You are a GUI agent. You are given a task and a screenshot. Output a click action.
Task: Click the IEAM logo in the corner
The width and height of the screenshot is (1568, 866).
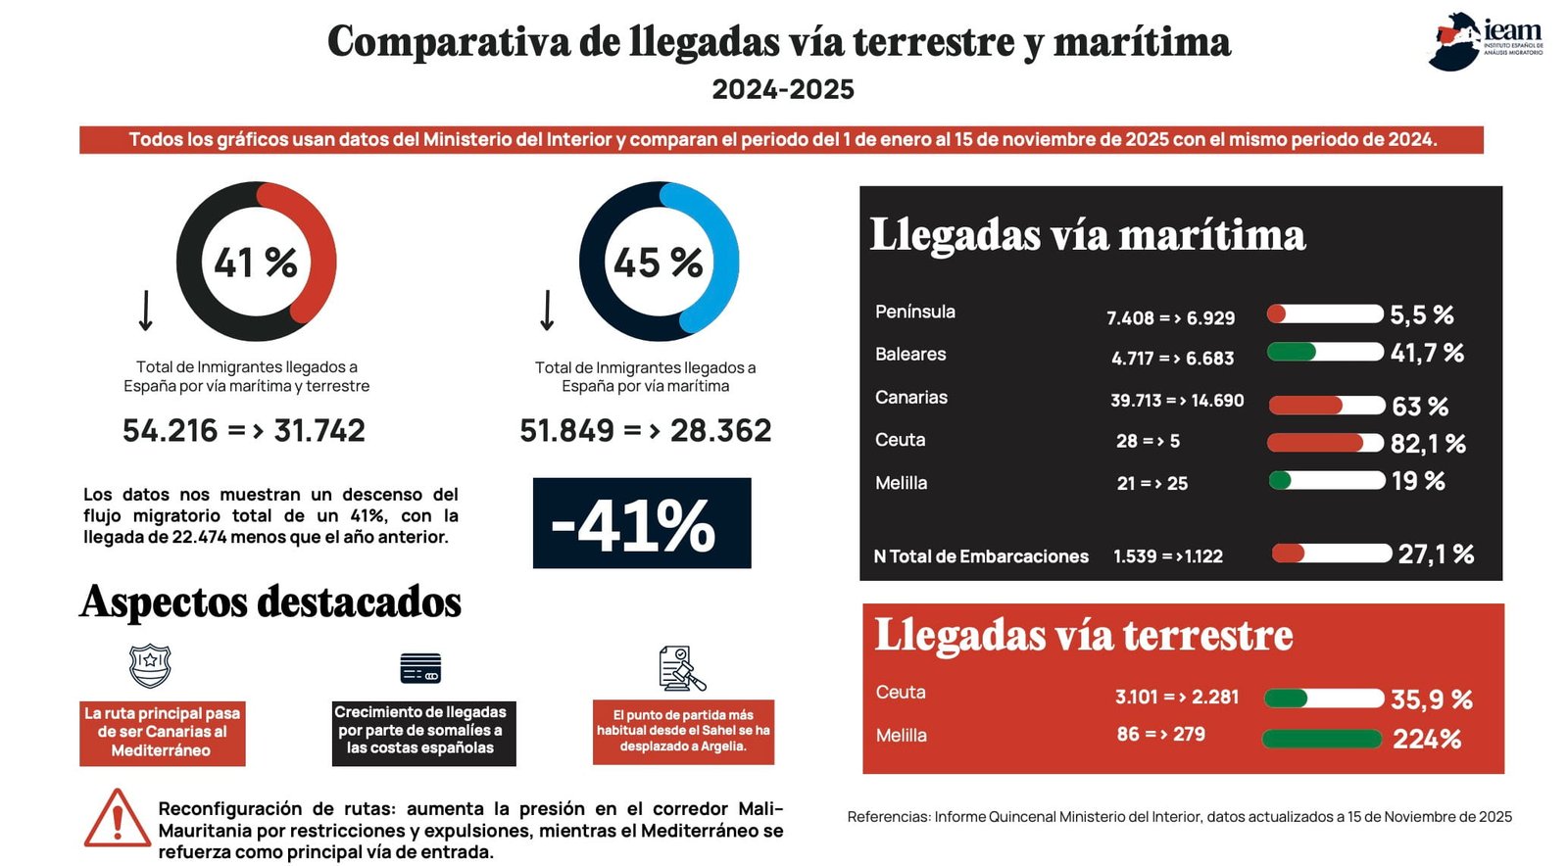click(1486, 41)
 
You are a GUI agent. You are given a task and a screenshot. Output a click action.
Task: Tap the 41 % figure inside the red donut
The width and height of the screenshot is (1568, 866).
click(256, 263)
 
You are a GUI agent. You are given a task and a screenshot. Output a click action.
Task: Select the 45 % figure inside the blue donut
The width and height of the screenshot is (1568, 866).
click(658, 263)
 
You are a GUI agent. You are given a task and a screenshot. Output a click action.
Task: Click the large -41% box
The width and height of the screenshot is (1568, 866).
click(642, 523)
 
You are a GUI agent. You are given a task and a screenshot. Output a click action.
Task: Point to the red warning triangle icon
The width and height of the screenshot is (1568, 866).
click(117, 818)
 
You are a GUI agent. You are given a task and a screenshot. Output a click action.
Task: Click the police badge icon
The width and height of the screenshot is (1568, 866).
click(151, 666)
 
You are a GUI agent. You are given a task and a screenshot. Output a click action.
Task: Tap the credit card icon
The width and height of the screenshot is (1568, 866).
click(420, 668)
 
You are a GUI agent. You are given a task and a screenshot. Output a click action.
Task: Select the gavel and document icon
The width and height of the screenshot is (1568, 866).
click(682, 668)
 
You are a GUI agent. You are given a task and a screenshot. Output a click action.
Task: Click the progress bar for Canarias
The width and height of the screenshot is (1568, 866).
click(1327, 406)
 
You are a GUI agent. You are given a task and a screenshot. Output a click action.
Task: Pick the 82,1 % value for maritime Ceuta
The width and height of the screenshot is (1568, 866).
click(1428, 444)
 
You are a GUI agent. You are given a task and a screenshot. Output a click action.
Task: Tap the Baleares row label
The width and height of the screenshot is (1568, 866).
click(910, 354)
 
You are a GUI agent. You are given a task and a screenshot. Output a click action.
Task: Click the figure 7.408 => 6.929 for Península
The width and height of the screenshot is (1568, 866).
click(1170, 318)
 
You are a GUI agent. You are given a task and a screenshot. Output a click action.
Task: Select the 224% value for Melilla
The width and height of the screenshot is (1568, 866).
click(1427, 740)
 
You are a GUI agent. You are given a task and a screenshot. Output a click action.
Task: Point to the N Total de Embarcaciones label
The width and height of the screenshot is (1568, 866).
click(981, 556)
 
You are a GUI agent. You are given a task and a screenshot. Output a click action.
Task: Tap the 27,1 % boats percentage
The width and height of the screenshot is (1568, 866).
click(1436, 554)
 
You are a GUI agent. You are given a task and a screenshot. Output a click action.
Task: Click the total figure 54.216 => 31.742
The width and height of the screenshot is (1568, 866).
click(244, 430)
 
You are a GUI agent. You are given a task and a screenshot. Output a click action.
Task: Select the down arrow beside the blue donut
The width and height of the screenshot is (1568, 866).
click(548, 310)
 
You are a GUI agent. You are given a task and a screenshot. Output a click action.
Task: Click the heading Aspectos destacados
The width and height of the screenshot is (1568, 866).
click(270, 602)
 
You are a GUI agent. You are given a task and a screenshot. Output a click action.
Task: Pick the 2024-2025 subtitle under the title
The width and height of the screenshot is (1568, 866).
click(783, 89)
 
